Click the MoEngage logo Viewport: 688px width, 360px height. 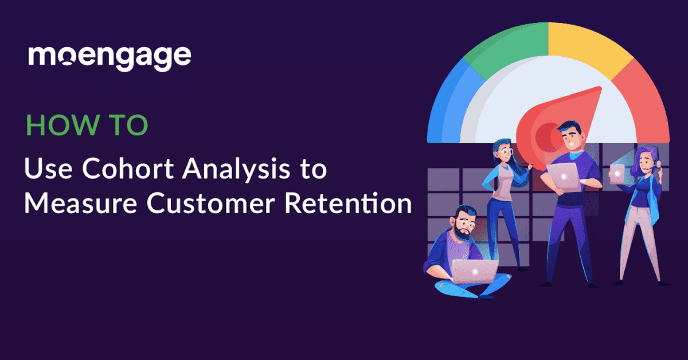pos(110,57)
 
